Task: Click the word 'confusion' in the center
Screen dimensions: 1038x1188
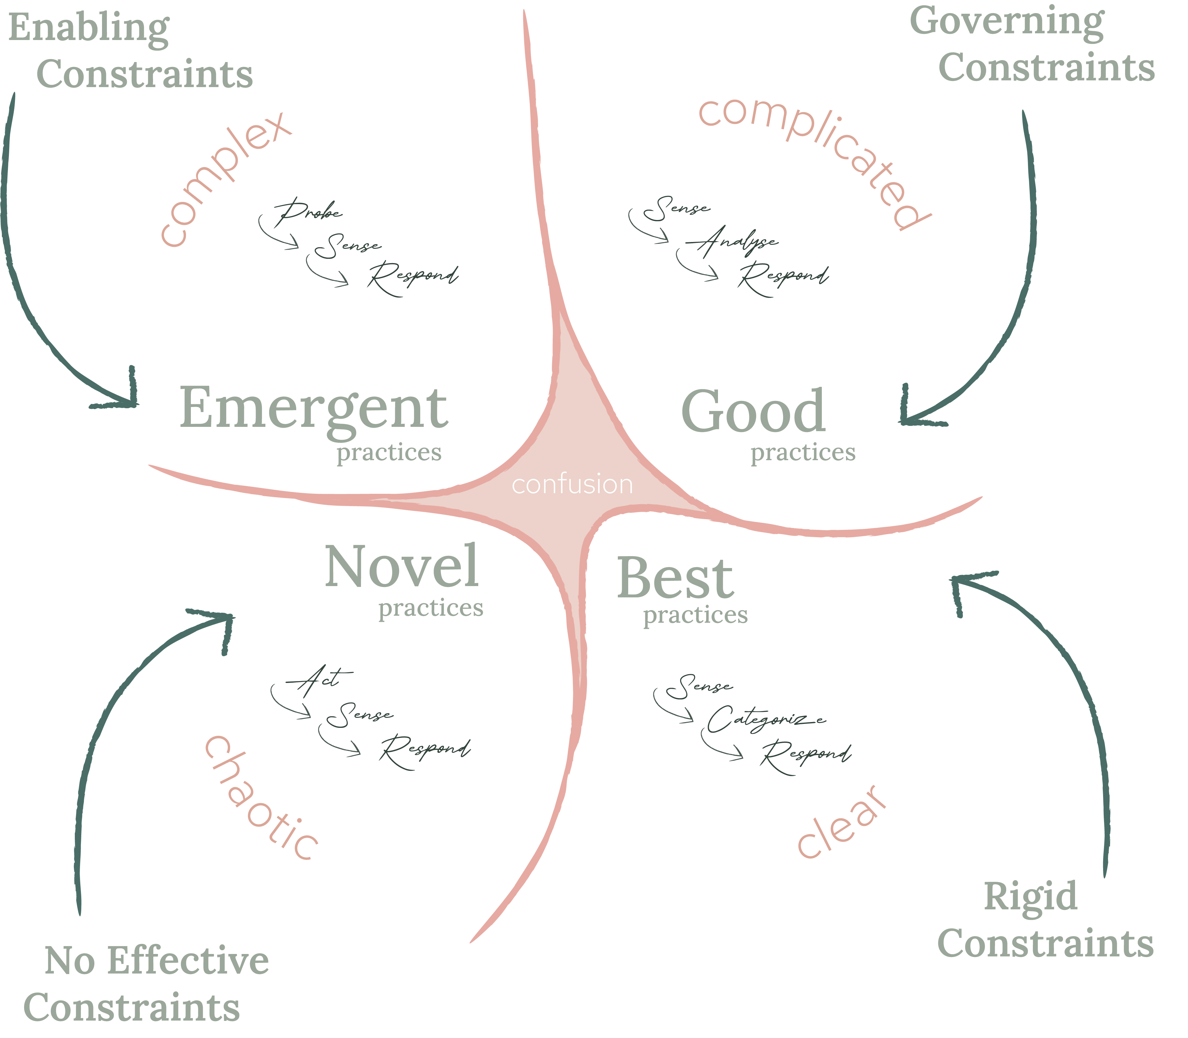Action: click(572, 484)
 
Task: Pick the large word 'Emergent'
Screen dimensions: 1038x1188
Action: click(313, 408)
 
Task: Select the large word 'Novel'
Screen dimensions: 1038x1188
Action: click(401, 567)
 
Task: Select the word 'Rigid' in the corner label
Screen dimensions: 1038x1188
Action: click(1030, 897)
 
